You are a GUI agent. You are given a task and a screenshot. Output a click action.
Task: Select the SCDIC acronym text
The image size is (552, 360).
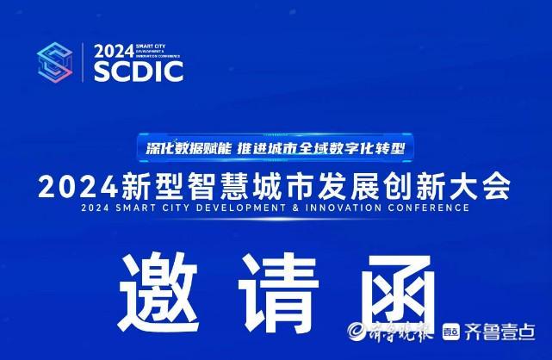pos(138,71)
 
